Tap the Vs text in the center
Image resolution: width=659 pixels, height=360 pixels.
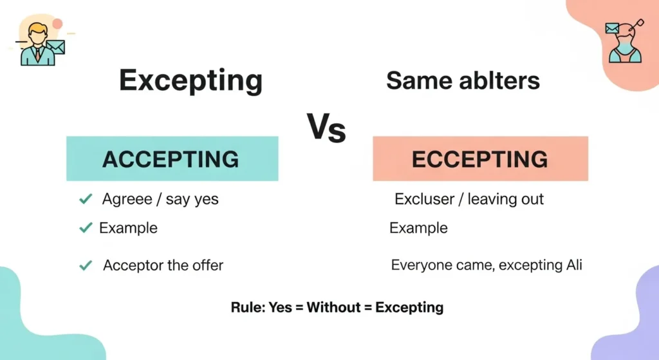click(326, 128)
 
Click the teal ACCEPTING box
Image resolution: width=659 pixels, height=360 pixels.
click(172, 158)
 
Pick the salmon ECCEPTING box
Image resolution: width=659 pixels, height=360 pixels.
click(480, 158)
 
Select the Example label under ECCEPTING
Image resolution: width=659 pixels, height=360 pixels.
click(418, 228)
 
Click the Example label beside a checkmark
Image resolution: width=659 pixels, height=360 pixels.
click(128, 228)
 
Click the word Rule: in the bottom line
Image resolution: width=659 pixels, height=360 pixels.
click(247, 307)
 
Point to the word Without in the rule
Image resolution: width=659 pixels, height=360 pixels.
click(333, 307)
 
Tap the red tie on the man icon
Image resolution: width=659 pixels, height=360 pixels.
click(37, 54)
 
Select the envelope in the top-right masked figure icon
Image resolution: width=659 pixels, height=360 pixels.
click(612, 28)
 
